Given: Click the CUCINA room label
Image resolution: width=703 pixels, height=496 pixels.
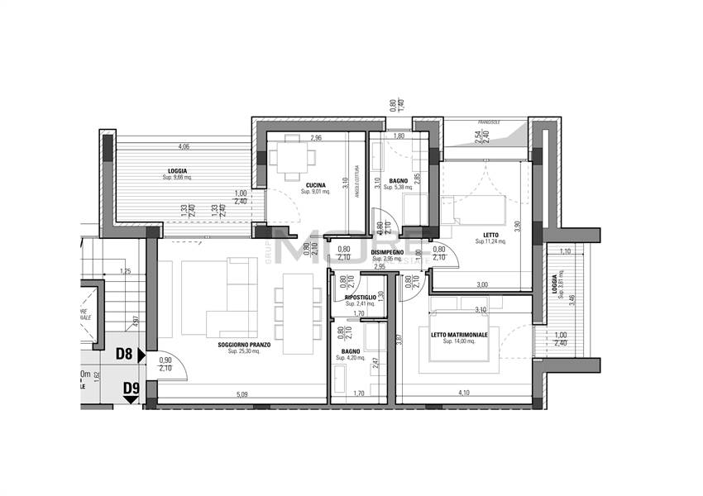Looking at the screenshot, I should tap(314, 184).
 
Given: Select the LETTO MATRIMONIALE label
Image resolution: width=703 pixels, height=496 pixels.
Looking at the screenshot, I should tap(459, 335).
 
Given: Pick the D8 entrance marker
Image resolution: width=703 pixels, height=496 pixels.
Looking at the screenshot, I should tap(124, 355).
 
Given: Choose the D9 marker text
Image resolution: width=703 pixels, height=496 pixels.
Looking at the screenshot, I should tap(131, 388).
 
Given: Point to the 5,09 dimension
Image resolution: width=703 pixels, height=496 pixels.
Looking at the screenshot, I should tap(242, 394).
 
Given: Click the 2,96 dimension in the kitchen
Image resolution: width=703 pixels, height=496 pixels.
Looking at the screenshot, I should tap(315, 137).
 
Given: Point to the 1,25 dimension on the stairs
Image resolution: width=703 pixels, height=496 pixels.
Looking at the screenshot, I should tap(125, 270).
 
